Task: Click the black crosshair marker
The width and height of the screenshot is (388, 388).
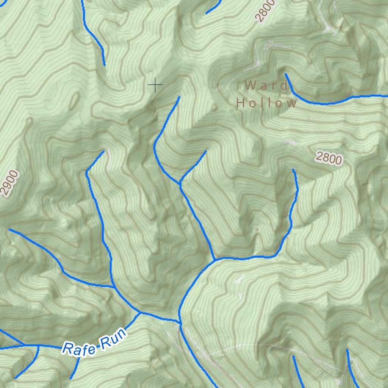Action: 155,85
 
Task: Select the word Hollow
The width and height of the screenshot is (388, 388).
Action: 266,103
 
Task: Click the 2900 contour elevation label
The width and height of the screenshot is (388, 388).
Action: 9,183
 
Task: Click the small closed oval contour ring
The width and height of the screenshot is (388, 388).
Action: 75,99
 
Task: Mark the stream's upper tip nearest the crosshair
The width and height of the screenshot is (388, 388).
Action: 179,97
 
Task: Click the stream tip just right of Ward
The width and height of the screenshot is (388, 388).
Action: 286,74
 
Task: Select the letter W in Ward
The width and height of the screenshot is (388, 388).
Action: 250,85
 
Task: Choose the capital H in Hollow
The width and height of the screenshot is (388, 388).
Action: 241,103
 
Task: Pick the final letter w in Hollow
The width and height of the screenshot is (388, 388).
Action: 291,103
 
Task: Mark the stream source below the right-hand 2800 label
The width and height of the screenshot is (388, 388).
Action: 293,170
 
